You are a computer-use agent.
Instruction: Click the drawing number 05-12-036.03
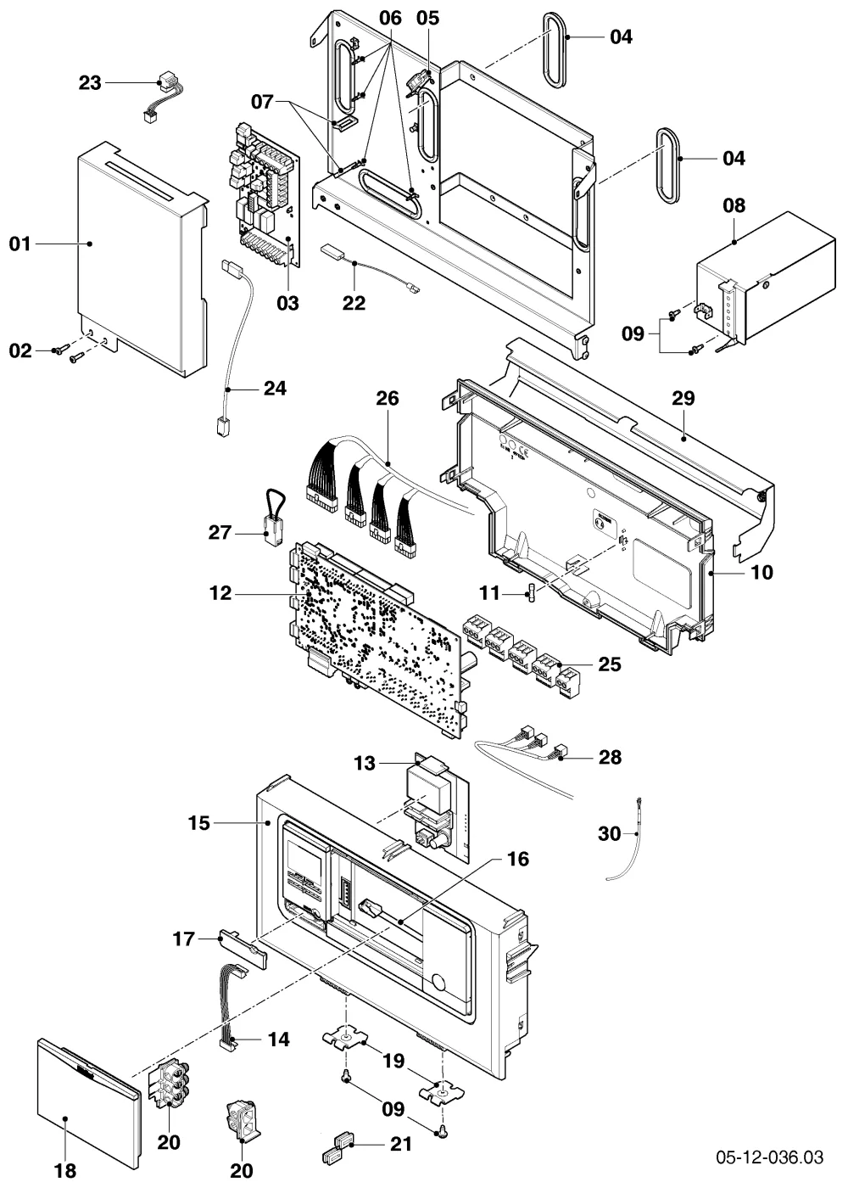click(x=770, y=1157)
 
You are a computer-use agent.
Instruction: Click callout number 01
click(x=20, y=244)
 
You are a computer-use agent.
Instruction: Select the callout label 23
click(x=90, y=83)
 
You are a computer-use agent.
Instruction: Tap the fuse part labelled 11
click(x=533, y=592)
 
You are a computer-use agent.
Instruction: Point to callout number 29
click(x=683, y=398)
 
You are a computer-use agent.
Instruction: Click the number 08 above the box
click(x=734, y=205)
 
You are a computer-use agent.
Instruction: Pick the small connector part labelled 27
click(x=274, y=518)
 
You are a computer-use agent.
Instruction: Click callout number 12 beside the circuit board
click(x=220, y=593)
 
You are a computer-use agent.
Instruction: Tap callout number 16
click(x=518, y=859)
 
